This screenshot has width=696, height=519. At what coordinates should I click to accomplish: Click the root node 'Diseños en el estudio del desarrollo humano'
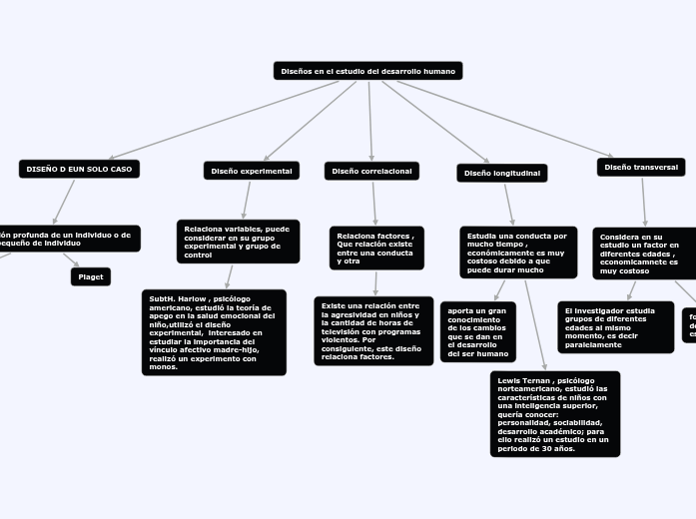click(x=367, y=71)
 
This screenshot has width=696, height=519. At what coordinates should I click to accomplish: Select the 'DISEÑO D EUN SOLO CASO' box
click(x=79, y=169)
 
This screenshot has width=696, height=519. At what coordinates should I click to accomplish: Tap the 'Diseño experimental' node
click(x=252, y=171)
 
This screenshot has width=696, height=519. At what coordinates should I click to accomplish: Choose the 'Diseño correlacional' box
click(x=371, y=171)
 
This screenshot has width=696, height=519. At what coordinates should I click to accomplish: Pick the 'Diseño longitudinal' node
click(x=501, y=173)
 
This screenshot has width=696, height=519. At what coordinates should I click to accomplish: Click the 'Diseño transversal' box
click(x=642, y=167)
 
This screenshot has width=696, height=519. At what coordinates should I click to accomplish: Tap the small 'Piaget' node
click(x=91, y=276)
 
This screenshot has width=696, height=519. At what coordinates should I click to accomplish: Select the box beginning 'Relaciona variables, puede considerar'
click(x=238, y=242)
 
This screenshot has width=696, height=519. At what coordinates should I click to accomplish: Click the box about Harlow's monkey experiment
click(x=214, y=332)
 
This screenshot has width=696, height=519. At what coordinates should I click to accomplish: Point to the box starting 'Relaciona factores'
click(x=376, y=248)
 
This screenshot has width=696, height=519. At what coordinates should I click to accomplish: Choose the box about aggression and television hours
click(x=373, y=330)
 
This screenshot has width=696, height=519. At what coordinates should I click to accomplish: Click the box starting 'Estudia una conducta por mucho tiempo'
click(x=517, y=254)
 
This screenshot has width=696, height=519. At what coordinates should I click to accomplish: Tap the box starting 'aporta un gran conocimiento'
click(x=477, y=331)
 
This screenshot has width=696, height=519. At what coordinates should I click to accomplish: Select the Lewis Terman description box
click(x=554, y=414)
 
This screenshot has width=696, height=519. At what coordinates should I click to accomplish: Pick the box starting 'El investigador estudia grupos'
click(x=615, y=327)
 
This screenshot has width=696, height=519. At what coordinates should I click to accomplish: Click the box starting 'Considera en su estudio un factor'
click(x=643, y=254)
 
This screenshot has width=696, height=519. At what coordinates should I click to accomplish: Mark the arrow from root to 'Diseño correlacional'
click(x=370, y=120)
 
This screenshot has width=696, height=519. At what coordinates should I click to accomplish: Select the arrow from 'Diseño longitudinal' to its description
click(x=509, y=205)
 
